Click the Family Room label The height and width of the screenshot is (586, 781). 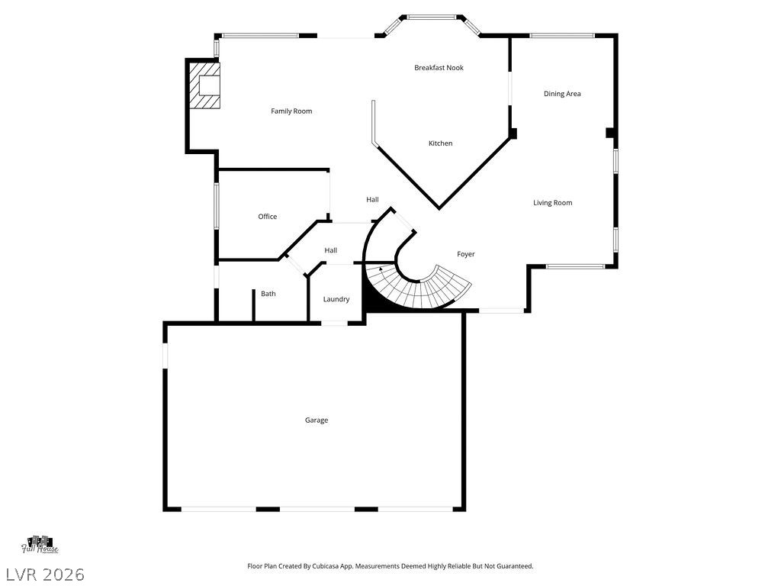click(x=291, y=111)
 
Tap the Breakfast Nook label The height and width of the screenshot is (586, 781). click(x=439, y=68)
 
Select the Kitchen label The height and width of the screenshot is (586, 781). click(x=440, y=143)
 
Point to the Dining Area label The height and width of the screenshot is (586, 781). click(x=562, y=94)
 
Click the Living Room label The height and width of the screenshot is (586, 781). click(x=552, y=203)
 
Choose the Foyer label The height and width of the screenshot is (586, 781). click(x=465, y=254)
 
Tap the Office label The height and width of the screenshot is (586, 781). click(x=267, y=217)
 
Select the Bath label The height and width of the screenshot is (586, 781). click(x=268, y=294)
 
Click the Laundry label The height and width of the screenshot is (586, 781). click(x=336, y=299)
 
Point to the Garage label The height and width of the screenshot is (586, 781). click(x=317, y=420)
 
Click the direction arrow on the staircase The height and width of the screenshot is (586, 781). click(x=381, y=269)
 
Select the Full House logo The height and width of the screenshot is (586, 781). click(x=40, y=544)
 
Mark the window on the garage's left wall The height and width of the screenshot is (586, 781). click(x=165, y=356)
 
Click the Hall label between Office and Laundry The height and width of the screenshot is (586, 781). click(x=330, y=250)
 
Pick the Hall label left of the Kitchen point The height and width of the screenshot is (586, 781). click(x=372, y=200)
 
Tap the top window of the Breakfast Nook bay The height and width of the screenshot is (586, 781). click(x=435, y=17)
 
